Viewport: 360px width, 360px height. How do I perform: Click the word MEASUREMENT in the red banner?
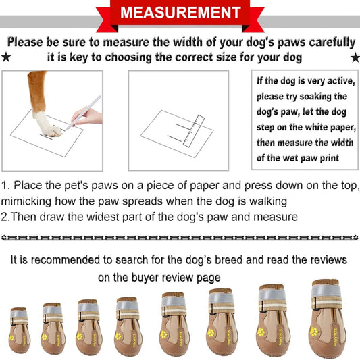tap(180, 13)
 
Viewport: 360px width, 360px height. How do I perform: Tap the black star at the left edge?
tap(6, 58)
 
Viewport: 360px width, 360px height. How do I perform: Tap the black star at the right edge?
tap(353, 58)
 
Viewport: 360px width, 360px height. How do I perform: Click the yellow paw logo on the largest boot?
tap(313, 334)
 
